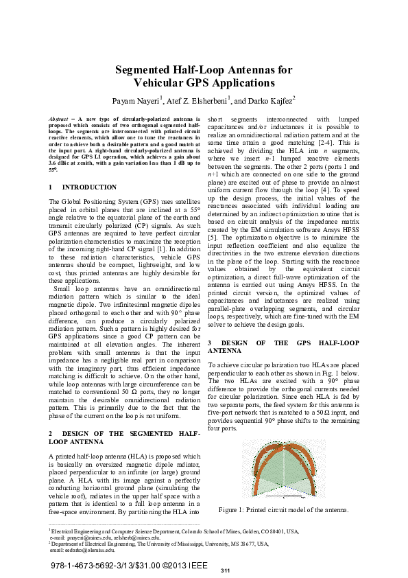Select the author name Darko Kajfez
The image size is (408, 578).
point(269,100)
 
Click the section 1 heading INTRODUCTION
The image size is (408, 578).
point(89,187)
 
